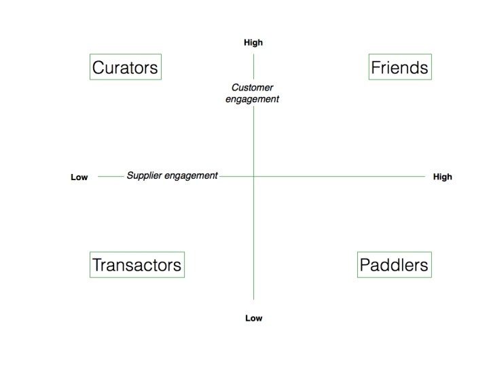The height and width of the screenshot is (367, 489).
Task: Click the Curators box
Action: (x=126, y=67)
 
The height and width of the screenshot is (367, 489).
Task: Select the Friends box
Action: (x=400, y=67)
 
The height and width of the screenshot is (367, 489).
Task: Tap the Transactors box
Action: (x=137, y=264)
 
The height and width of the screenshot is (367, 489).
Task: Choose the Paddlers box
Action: (x=395, y=264)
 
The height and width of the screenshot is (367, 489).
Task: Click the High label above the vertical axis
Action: (x=253, y=42)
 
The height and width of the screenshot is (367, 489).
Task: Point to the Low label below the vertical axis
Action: (x=254, y=318)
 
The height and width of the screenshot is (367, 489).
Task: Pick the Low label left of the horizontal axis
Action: (x=79, y=177)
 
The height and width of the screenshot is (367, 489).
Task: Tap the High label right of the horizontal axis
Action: (x=443, y=177)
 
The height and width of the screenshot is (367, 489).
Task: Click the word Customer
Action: (x=252, y=88)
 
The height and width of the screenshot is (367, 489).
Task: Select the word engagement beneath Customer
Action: (x=252, y=99)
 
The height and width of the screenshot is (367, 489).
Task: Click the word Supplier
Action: (x=145, y=176)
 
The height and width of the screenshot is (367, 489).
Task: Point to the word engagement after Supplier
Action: (x=191, y=176)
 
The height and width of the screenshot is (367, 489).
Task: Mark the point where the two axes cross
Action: (x=253, y=176)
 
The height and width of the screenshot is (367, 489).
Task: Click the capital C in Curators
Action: (x=100, y=67)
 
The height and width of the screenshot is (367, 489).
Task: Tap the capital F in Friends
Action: (x=376, y=67)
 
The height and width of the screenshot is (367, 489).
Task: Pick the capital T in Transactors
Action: (x=99, y=265)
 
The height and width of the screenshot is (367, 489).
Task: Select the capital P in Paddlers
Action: (x=366, y=265)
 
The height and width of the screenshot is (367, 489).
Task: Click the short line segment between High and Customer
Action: (x=253, y=67)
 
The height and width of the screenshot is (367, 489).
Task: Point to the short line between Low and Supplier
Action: (x=111, y=176)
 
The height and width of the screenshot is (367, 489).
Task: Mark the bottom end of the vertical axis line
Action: (x=253, y=300)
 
